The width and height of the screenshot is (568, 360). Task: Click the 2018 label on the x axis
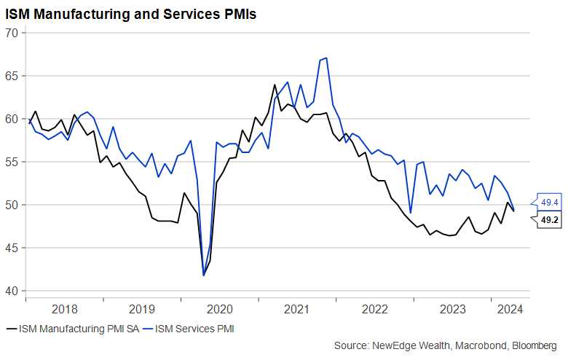click(x=64, y=309)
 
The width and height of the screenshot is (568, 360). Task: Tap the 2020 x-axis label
click(x=219, y=309)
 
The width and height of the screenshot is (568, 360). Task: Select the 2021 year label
click(x=297, y=309)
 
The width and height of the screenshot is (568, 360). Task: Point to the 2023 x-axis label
click(x=452, y=309)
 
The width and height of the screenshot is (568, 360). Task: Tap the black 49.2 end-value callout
click(x=549, y=219)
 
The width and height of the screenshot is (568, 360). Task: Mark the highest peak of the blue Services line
click(x=326, y=58)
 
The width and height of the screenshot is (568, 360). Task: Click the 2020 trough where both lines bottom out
click(x=203, y=275)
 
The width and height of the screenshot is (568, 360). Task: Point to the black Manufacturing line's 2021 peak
click(x=275, y=85)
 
